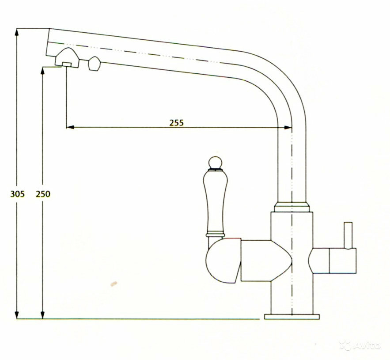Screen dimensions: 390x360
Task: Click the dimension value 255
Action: coord(176,122)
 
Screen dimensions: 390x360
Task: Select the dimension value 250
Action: coord(43,193)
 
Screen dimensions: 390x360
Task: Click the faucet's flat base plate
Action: coord(292,316)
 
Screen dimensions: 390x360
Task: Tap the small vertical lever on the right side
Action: coord(348,235)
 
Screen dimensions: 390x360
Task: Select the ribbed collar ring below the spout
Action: coord(292,206)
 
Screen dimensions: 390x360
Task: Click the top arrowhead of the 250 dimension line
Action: coord(43,70)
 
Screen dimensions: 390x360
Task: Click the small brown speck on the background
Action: coord(114,284)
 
